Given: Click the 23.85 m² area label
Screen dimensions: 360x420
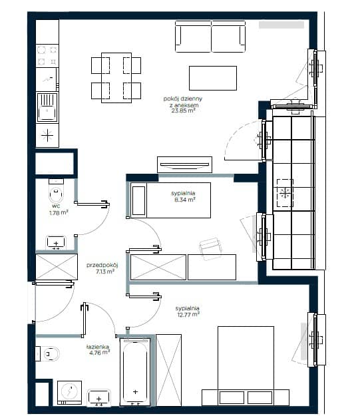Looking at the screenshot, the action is click(x=183, y=110).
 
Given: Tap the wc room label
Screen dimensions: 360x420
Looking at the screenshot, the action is click(x=56, y=206).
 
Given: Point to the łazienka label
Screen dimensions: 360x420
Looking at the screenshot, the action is click(x=98, y=347).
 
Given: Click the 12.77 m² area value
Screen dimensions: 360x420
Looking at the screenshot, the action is click(x=188, y=314).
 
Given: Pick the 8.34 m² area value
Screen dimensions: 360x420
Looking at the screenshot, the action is click(x=184, y=200).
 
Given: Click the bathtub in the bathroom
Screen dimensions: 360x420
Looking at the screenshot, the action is click(x=135, y=371).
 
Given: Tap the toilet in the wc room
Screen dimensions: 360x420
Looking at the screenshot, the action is click(x=56, y=191).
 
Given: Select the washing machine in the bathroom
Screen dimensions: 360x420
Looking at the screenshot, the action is click(x=69, y=393).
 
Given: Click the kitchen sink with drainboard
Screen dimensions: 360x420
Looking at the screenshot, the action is click(x=47, y=107).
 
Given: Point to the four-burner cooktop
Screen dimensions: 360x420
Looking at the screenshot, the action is click(x=47, y=56).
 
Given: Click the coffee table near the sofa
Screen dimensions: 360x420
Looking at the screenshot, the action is click(x=213, y=78).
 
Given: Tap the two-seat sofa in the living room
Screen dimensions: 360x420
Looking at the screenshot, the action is click(x=210, y=37).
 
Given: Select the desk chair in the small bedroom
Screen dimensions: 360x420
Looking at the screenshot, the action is click(x=210, y=248).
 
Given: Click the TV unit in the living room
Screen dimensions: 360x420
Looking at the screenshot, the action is click(x=184, y=164).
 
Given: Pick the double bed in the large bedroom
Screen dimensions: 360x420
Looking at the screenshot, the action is click(x=246, y=366).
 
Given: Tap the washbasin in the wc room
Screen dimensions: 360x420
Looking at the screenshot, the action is click(x=56, y=242).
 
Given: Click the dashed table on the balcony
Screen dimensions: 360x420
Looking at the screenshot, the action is click(x=285, y=193).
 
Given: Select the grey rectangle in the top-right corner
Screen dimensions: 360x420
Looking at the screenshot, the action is click(x=281, y=25).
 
